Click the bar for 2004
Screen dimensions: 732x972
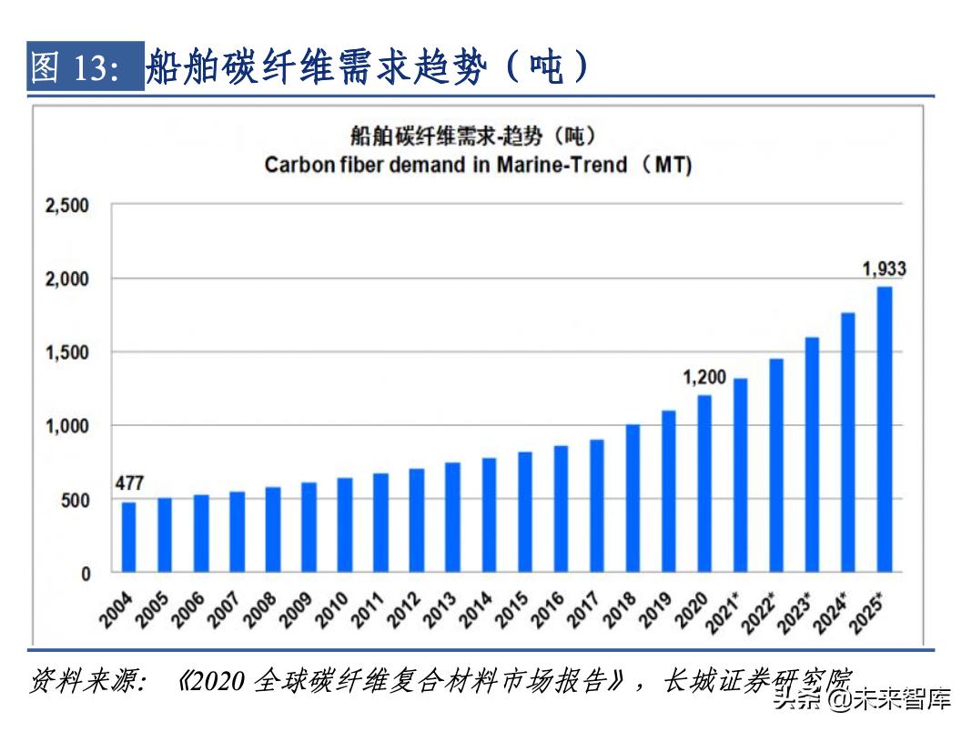128,537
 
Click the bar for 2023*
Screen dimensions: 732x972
812,454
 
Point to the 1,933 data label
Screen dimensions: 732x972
884,269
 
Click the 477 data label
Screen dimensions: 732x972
129,483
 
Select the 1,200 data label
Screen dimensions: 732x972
704,376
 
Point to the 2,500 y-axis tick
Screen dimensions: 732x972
67,206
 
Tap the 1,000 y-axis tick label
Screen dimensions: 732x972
67,426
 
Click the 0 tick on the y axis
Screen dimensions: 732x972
86,574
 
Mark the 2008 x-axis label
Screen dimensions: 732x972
259,611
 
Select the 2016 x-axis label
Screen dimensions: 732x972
548,611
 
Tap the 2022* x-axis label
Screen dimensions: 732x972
761,613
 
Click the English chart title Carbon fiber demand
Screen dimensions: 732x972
478,166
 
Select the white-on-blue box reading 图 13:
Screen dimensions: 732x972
85,67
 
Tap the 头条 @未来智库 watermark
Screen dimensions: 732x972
861,699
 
